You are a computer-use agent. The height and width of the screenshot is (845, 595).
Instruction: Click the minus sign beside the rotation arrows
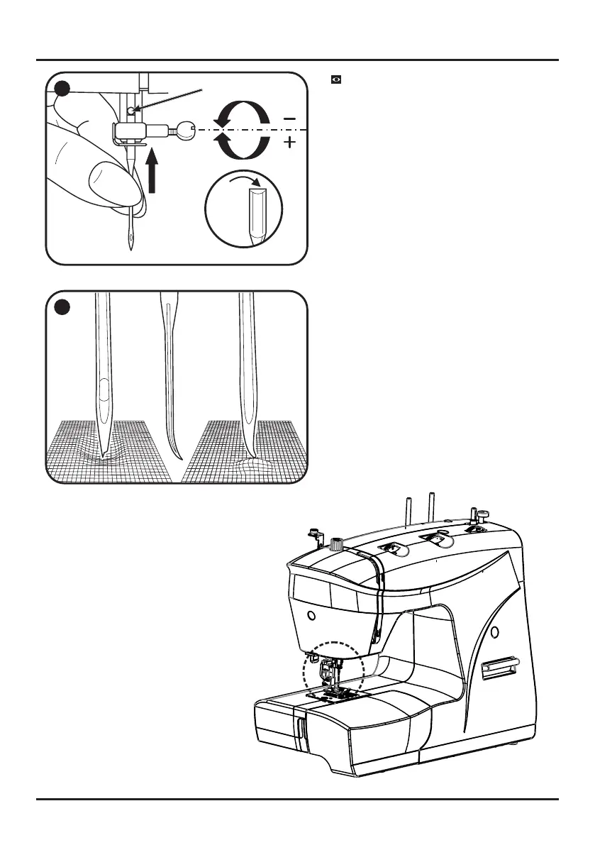click(x=289, y=118)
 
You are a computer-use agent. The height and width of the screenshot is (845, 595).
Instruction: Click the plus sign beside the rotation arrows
click(x=289, y=144)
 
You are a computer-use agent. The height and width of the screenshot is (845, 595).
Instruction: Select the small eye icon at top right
click(x=337, y=79)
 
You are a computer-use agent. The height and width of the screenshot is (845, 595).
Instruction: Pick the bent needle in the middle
click(x=170, y=376)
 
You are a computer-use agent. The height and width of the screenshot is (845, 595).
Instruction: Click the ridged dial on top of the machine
click(x=336, y=545)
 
